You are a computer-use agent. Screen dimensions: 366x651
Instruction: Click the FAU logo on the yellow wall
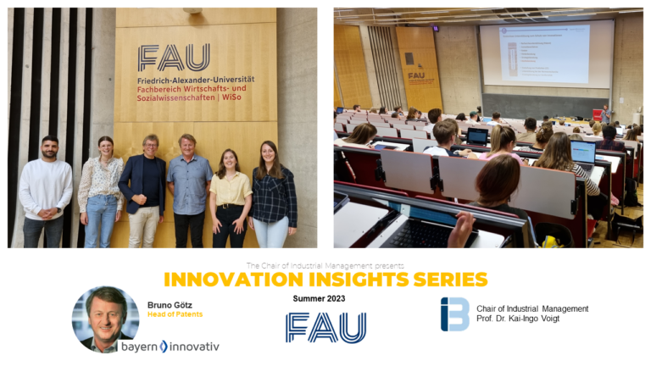click(174, 58)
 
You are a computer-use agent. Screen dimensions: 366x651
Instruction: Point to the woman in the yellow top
click(230, 195)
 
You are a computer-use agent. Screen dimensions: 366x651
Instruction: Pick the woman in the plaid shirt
click(272, 195)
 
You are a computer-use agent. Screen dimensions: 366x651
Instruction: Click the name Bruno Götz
click(171, 303)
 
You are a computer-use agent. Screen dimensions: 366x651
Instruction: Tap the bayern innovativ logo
click(170, 346)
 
